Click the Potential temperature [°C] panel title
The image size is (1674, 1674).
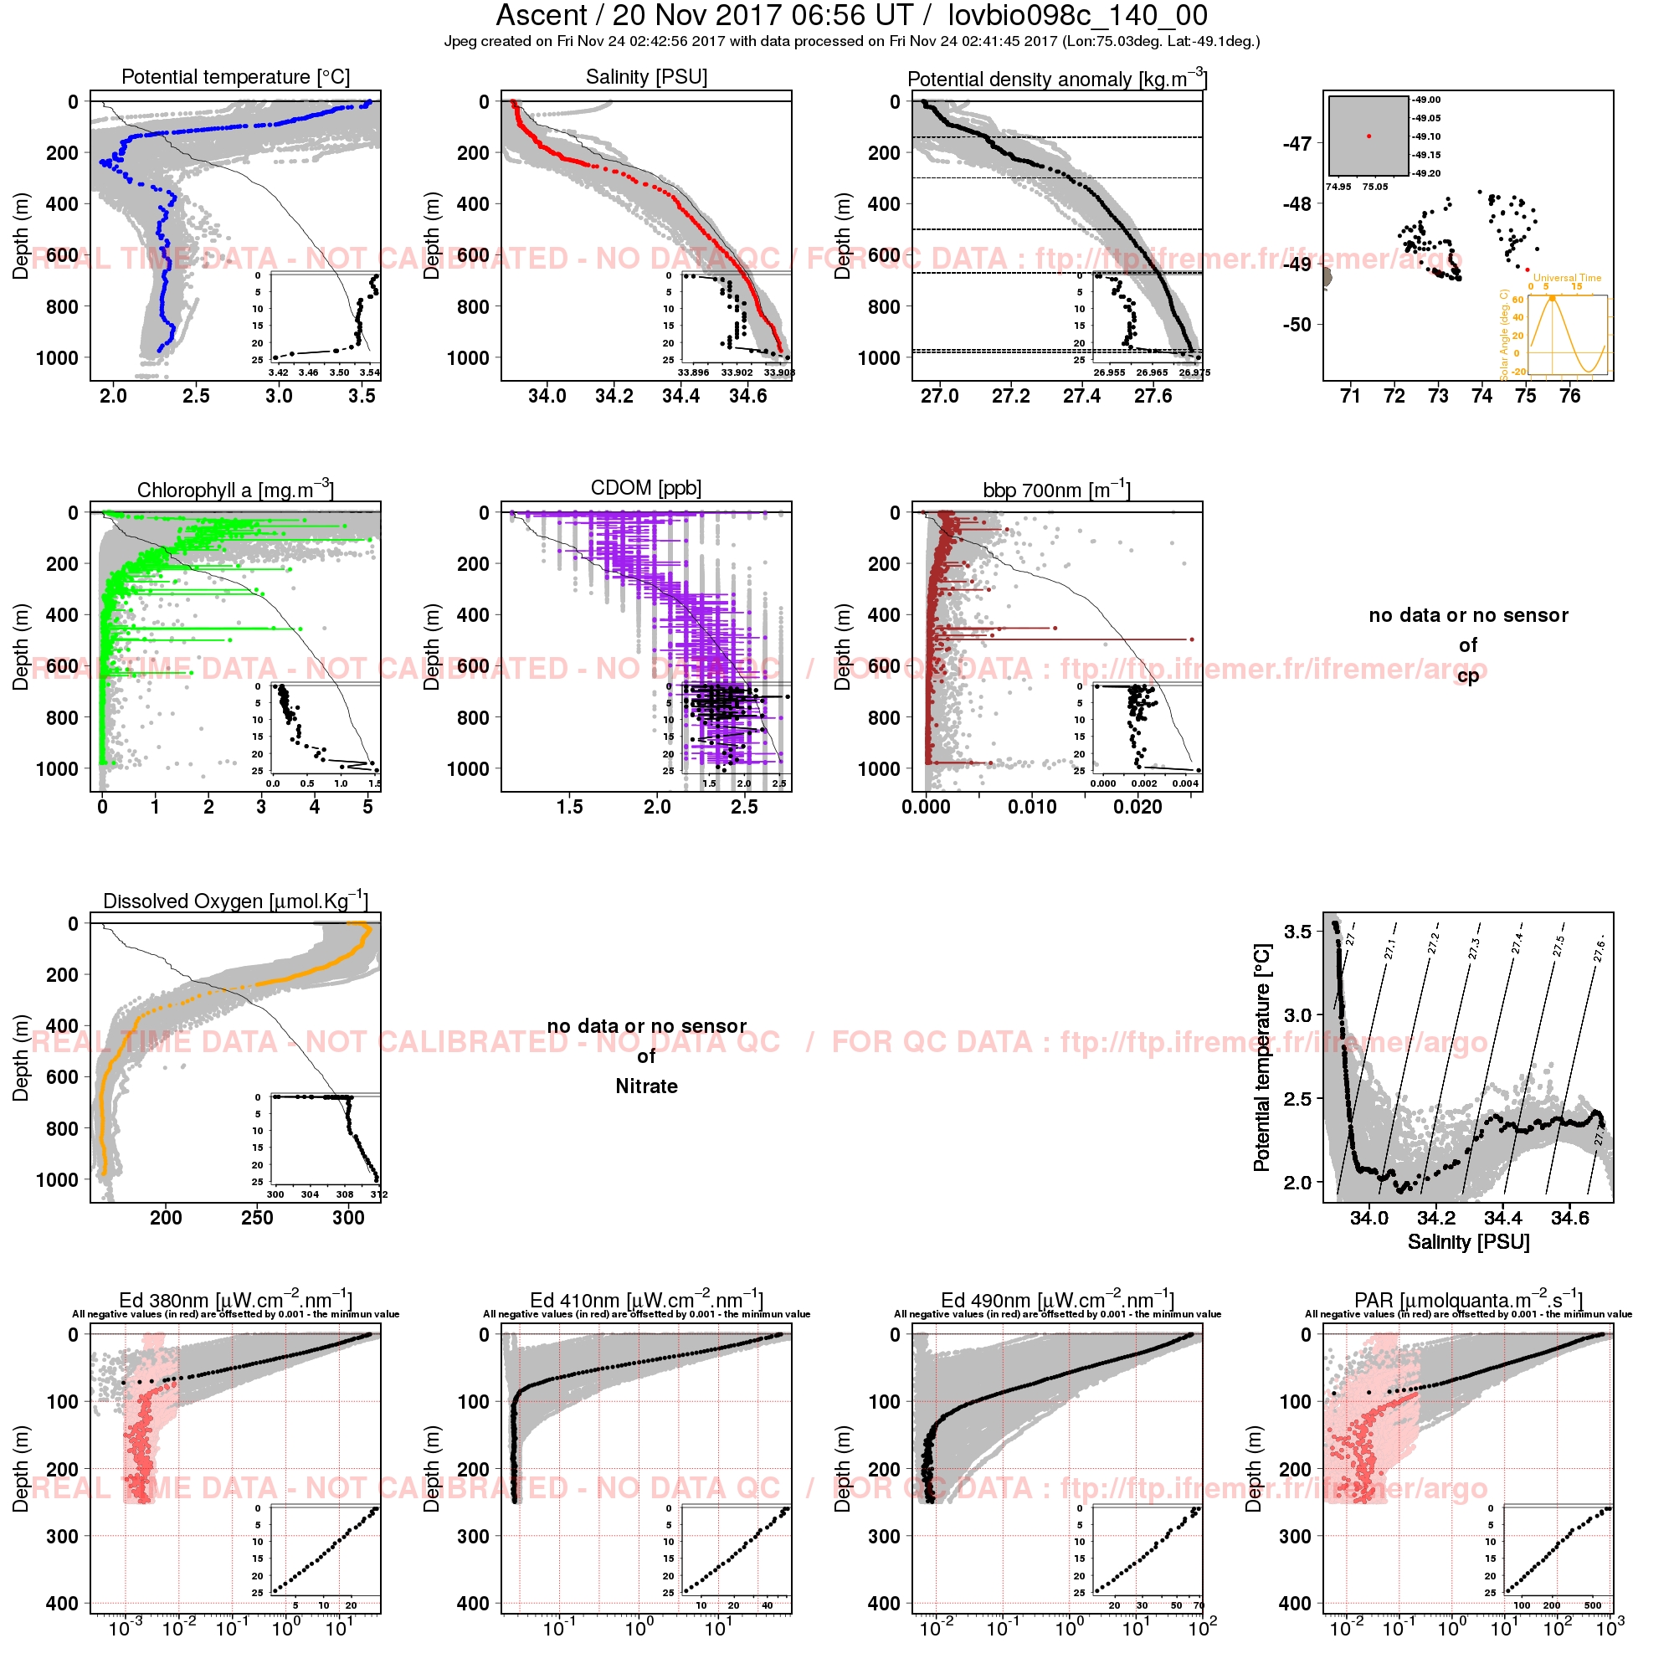pyautogui.click(x=236, y=77)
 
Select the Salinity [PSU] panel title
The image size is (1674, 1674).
pyautogui.click(x=646, y=77)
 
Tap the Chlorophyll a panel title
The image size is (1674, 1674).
pyautogui.click(x=235, y=490)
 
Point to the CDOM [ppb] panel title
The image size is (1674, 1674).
pyautogui.click(x=646, y=488)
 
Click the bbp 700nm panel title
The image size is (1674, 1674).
pyautogui.click(x=1056, y=490)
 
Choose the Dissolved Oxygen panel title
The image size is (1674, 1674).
pyautogui.click(x=235, y=901)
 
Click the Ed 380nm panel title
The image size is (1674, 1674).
pyautogui.click(x=235, y=1301)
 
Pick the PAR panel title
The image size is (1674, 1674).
pyautogui.click(x=1469, y=1301)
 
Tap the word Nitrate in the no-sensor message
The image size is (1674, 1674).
pyautogui.click(x=646, y=1086)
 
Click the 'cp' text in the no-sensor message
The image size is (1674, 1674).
pyautogui.click(x=1468, y=675)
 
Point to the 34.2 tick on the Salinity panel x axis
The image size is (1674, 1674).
pyautogui.click(x=614, y=397)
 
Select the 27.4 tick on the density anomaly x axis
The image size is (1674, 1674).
pyautogui.click(x=1081, y=397)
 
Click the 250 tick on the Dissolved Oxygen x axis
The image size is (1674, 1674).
pyautogui.click(x=257, y=1218)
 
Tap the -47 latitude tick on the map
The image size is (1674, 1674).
pyautogui.click(x=1297, y=143)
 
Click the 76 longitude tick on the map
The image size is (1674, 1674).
pyautogui.click(x=1569, y=397)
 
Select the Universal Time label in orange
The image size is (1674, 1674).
pyautogui.click(x=1568, y=278)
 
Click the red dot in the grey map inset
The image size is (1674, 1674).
pyautogui.click(x=1369, y=136)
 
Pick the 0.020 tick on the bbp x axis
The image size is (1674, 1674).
pyautogui.click(x=1137, y=808)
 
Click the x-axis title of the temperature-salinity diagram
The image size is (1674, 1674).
pyautogui.click(x=1469, y=1242)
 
